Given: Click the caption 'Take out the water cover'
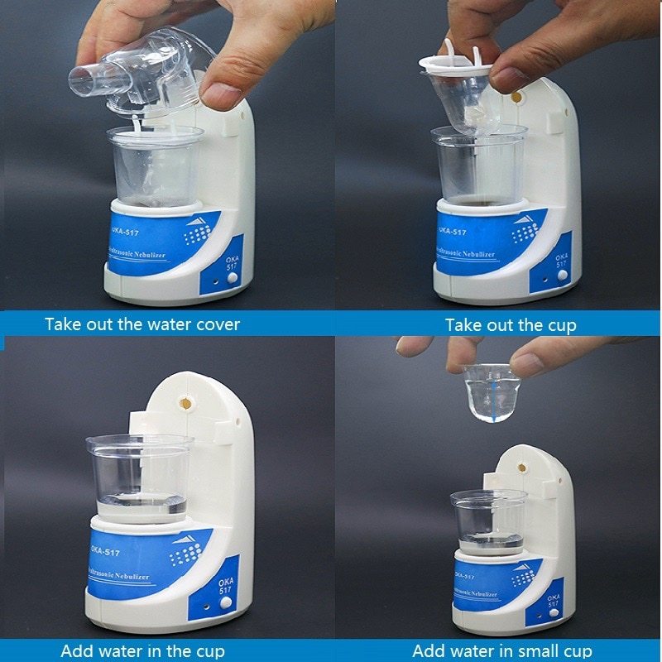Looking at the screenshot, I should [x=142, y=324].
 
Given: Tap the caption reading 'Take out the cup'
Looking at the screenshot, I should [x=511, y=324].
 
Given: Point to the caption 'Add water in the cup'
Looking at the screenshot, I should [x=142, y=650].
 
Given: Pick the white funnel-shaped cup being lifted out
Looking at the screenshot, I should [x=459, y=91].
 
